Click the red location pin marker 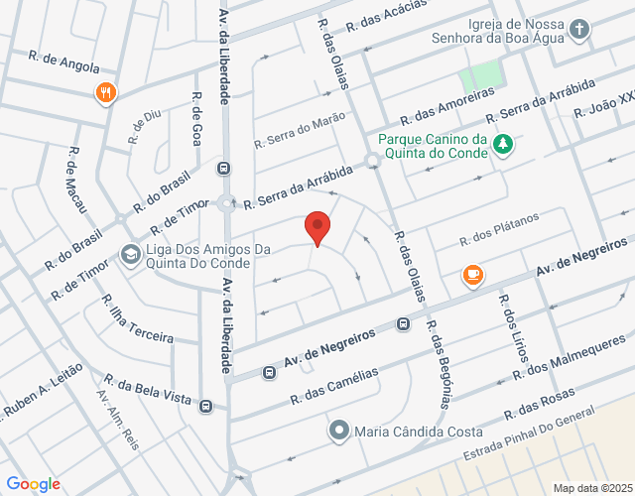tap(317, 227)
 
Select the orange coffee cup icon tap(472, 275)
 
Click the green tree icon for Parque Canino tap(504, 145)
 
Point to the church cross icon tap(579, 30)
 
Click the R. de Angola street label tap(64, 62)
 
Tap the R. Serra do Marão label tap(300, 130)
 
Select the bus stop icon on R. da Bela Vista tap(205, 405)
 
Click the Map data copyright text tap(591, 487)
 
